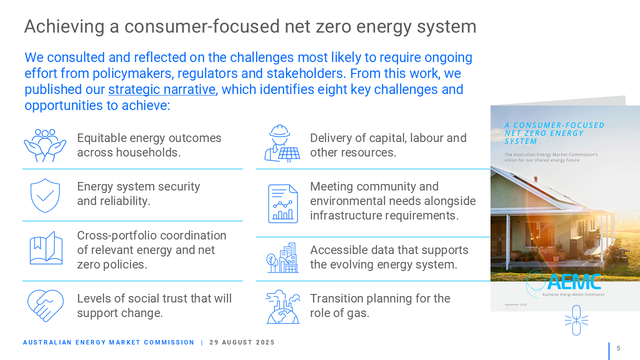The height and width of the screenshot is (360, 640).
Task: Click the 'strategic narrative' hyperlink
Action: [x=162, y=89]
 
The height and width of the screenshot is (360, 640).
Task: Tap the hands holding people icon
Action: [x=45, y=145]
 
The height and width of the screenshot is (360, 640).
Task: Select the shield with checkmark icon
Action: [x=45, y=195]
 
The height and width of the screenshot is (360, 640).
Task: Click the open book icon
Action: [x=46, y=248]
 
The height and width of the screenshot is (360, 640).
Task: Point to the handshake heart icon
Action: [x=45, y=305]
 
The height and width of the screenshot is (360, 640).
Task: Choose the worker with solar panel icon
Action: [x=282, y=143]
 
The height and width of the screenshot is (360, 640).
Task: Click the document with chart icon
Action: [x=283, y=203]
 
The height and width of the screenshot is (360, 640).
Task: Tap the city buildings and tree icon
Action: [x=282, y=257]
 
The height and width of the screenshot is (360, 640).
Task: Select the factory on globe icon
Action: [x=283, y=307]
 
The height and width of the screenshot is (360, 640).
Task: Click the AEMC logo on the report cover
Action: [x=564, y=283]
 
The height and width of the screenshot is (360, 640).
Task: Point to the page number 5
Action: [x=618, y=348]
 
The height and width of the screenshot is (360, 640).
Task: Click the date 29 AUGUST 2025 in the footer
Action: [x=241, y=342]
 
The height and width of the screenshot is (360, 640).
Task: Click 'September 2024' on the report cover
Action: [x=515, y=304]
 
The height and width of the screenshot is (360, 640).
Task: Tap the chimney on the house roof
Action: [x=535, y=179]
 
